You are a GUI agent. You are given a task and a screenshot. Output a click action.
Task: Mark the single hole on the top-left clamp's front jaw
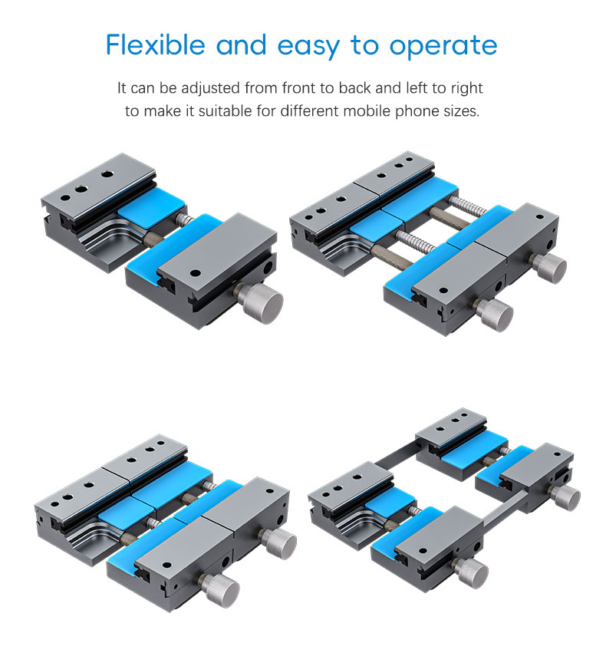pyautogui.click(x=196, y=272)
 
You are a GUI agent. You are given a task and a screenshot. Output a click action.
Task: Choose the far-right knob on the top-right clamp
pyautogui.click(x=548, y=267)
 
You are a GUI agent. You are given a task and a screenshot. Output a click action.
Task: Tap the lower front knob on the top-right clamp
pyautogui.click(x=494, y=313)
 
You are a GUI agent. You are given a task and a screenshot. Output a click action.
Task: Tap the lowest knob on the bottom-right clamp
pyautogui.click(x=469, y=572)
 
